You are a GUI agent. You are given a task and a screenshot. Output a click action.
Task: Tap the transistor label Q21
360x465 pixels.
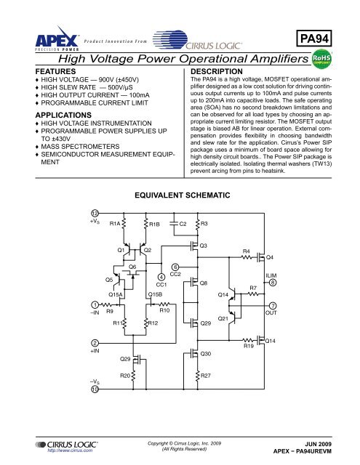click(224, 318)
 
